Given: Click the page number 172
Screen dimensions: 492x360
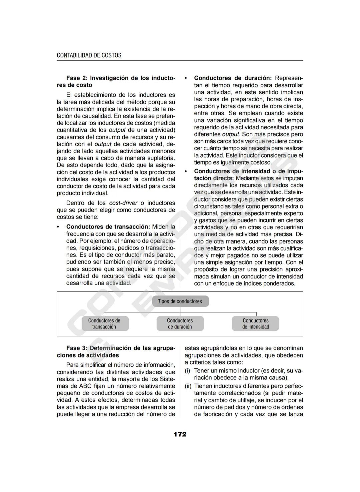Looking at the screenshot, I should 180,434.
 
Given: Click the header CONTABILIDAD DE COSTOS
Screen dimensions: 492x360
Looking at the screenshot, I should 89,55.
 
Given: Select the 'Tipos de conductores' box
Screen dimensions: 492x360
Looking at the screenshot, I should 180,301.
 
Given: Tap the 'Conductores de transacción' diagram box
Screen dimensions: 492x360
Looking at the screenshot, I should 104,324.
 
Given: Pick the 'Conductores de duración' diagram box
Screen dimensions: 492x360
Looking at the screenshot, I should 180,324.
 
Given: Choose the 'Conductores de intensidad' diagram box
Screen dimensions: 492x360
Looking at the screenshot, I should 256,324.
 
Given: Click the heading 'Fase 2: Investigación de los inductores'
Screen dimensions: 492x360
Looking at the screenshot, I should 120,78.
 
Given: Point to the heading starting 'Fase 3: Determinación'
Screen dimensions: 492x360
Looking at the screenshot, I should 120,348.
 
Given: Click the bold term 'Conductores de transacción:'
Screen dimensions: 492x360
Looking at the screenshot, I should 108,227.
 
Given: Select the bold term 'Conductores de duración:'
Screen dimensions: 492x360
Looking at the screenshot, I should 233,78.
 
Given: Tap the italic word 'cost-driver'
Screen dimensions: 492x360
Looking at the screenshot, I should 123,203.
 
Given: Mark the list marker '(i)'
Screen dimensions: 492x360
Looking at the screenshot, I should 188,371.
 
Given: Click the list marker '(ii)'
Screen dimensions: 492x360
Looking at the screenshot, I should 188,386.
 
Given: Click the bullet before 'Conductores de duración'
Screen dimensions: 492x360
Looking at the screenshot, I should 186,78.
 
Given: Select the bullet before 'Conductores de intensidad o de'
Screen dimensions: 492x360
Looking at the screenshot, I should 186,171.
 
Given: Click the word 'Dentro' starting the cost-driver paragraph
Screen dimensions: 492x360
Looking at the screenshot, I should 76,203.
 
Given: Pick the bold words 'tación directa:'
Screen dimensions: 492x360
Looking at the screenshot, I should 214,178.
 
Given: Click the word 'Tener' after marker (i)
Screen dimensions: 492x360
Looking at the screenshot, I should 201,371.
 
